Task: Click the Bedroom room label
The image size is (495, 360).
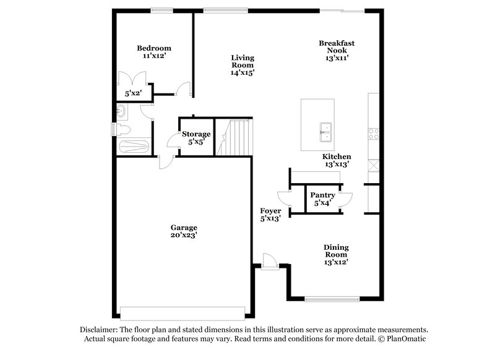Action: point(154,48)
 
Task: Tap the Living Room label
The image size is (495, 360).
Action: point(243,61)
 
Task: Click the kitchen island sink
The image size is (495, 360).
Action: point(326,129)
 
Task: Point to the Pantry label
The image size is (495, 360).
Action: point(322,195)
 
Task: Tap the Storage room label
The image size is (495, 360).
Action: point(196,134)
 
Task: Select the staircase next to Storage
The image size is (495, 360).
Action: point(237,138)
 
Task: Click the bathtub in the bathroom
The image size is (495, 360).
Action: point(133,147)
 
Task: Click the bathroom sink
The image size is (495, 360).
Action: point(121,111)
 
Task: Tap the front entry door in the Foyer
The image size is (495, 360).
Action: point(269,260)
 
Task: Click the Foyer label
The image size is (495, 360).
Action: point(270,210)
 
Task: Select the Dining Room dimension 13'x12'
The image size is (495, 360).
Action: point(336,262)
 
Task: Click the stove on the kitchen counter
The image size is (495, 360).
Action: point(373,133)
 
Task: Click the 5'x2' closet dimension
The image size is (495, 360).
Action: point(133,94)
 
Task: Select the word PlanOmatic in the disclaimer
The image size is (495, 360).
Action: point(407,340)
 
